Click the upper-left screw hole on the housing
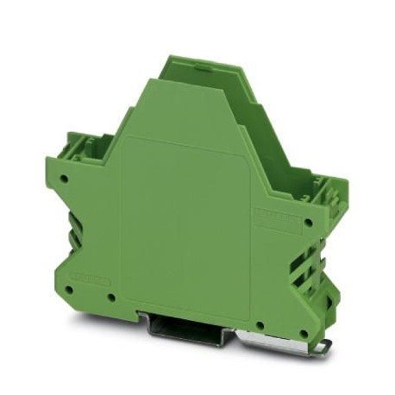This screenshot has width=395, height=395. click(x=66, y=179)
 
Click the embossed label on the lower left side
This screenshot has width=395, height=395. click(x=89, y=279)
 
